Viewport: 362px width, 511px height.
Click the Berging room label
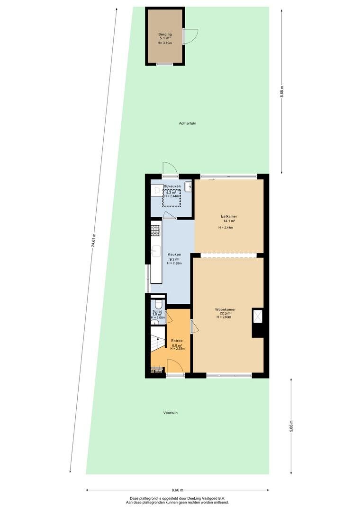coord(165,34)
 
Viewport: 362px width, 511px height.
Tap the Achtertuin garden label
coord(187,123)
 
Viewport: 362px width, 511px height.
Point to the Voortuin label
coord(171,413)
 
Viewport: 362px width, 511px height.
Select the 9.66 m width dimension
coord(177,490)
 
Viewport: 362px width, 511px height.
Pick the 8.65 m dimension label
coord(282,92)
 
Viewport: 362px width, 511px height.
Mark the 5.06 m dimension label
coord(291,426)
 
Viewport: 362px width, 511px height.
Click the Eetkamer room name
coord(229,216)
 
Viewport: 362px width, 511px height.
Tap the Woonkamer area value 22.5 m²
coord(225,314)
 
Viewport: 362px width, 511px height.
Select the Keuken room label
coord(174,255)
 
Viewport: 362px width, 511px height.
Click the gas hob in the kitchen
coord(156,230)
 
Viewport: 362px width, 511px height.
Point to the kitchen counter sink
coord(156,252)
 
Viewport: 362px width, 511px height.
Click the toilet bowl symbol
coord(158,304)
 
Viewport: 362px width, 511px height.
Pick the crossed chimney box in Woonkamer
coord(258,316)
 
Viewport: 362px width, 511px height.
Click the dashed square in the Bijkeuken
coord(172,197)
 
